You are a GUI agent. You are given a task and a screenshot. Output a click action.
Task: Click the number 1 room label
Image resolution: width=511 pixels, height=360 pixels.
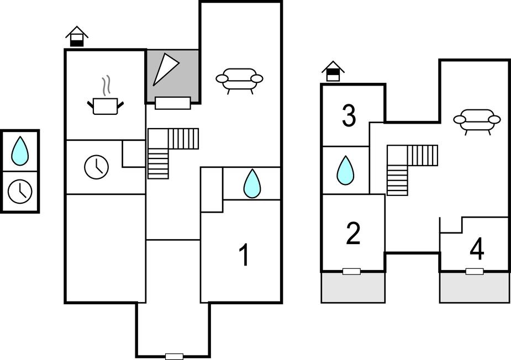coord(244,256)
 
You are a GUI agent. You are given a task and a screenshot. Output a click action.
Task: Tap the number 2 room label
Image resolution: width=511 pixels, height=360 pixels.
coord(352,234)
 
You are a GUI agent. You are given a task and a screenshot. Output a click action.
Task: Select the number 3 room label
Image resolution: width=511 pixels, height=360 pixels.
coord(349,116)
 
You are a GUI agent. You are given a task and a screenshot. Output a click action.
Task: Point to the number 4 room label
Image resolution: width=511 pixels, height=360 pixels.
coord(477,249)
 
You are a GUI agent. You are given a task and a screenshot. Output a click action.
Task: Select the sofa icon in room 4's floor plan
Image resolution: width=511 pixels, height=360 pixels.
coord(477,120)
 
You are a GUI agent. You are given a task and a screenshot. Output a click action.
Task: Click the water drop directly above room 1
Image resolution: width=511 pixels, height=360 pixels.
coord(252,183)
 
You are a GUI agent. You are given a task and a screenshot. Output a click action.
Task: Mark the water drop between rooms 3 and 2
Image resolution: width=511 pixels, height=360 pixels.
coord(345,170)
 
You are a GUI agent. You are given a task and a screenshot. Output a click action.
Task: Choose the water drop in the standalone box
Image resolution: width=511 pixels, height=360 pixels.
coord(20,150)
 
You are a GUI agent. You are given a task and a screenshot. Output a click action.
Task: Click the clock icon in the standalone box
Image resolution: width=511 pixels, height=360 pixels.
coord(20,191)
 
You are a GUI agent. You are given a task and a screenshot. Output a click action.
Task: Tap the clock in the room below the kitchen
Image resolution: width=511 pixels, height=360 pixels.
coord(96,167)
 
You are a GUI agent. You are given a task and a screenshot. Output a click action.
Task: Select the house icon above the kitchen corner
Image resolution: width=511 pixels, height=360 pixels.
coord(77,36)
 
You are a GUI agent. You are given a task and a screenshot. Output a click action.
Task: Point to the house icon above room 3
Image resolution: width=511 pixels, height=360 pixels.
coord(333,71)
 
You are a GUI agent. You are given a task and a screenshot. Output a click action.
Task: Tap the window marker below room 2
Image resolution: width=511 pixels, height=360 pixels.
coord(351,271)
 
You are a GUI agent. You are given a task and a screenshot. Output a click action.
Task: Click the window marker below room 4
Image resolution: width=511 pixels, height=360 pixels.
coord(474,271)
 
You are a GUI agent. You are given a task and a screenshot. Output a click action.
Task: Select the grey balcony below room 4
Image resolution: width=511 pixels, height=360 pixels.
coord(474,288)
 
